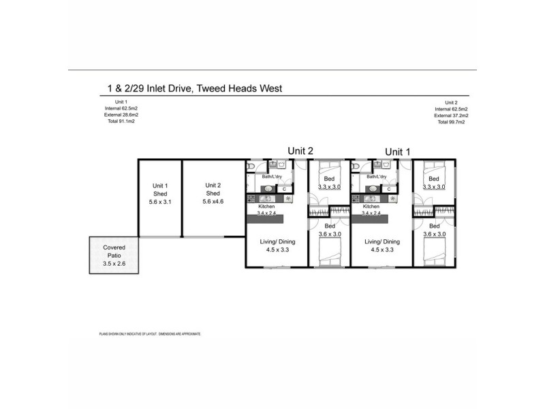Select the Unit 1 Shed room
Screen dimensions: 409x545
pos(160,198)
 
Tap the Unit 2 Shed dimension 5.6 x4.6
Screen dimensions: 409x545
pos(213,202)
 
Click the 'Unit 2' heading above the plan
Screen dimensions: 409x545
pos(299,151)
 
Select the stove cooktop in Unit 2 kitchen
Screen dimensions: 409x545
pos(251,199)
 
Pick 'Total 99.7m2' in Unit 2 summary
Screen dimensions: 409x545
pos(452,122)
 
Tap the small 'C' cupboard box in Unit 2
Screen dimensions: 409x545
pos(284,189)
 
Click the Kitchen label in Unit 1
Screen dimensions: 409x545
pos(371,206)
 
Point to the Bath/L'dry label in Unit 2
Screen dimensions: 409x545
pos(277,177)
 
